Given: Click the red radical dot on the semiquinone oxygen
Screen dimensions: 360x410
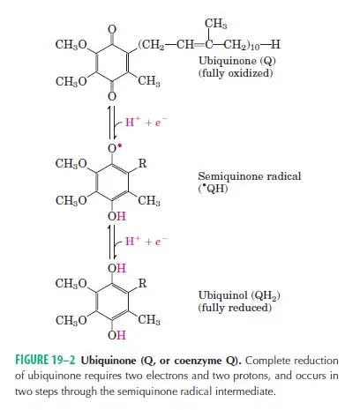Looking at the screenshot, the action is (x=119, y=145).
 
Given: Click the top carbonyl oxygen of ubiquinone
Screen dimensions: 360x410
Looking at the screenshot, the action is (x=112, y=29).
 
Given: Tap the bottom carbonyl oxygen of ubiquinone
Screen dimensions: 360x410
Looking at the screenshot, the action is (x=112, y=96).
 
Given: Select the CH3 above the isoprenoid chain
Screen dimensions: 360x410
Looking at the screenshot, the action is (x=216, y=24).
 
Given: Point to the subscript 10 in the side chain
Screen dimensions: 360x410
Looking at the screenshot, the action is (x=254, y=48).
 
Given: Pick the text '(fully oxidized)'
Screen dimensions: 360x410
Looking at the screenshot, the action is (x=236, y=73).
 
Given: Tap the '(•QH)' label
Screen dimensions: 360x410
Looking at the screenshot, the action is (x=213, y=189).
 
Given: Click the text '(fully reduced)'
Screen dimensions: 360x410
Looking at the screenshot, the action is (x=235, y=308).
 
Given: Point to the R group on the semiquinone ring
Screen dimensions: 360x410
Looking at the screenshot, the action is (x=142, y=163).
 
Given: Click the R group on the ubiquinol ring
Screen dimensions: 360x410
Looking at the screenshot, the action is (x=142, y=283).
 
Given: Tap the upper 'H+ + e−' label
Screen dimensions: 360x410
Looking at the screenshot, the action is (x=146, y=122).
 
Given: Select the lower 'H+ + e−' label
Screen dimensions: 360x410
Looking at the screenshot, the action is (x=146, y=241).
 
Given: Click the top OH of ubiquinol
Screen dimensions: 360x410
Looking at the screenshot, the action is (x=116, y=268).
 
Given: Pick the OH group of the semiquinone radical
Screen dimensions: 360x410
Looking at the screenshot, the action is (x=116, y=216).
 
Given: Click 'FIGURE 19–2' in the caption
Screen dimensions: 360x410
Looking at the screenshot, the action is (x=45, y=360).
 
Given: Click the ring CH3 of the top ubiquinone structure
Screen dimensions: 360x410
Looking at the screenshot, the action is (x=149, y=81).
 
